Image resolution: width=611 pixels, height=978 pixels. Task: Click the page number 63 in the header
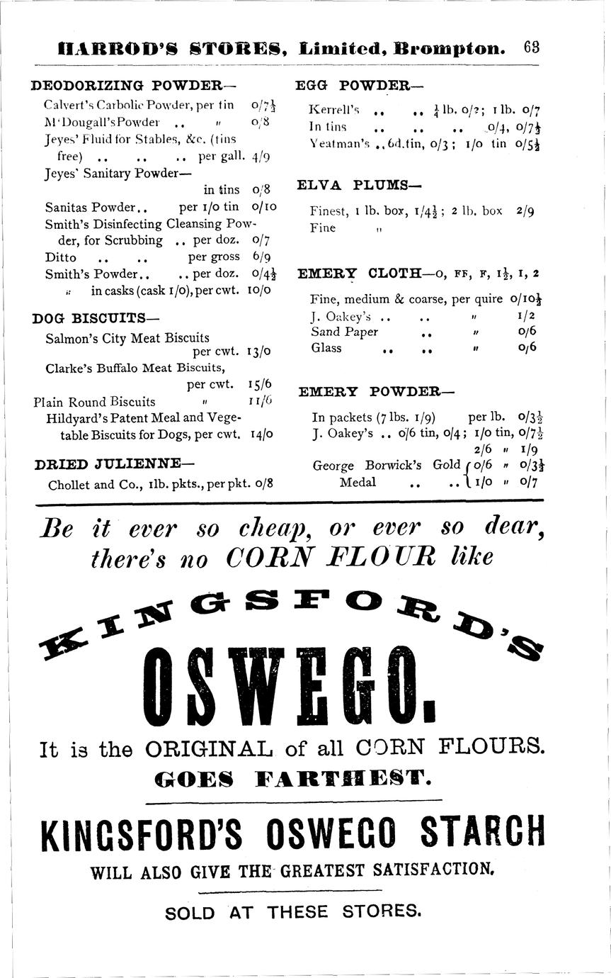point(532,48)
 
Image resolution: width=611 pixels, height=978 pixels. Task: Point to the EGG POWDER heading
point(358,86)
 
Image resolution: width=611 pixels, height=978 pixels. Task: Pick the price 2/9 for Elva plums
point(525,211)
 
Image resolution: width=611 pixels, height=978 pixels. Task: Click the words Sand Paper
point(344,332)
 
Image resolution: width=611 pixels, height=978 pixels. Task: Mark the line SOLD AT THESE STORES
point(293,911)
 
